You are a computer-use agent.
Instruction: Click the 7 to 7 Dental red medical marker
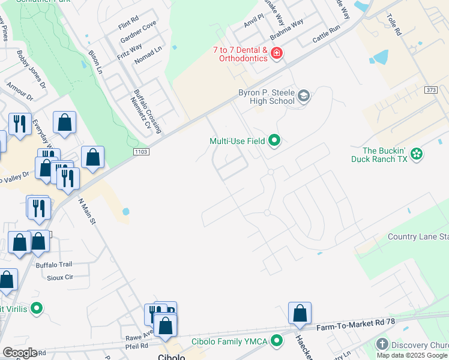click(277, 54)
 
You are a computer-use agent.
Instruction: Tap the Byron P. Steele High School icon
click(304, 96)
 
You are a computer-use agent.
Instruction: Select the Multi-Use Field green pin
click(274, 141)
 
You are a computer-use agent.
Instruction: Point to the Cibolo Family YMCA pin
click(277, 341)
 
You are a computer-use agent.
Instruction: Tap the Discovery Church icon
click(382, 344)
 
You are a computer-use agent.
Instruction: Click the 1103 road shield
click(142, 153)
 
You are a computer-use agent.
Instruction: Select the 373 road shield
click(430, 90)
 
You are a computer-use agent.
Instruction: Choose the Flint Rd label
click(128, 26)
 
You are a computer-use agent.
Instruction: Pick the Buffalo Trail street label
click(54, 265)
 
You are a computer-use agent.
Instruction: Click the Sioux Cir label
click(60, 277)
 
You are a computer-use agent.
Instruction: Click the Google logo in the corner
click(19, 353)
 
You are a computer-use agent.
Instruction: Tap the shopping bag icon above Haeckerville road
click(300, 313)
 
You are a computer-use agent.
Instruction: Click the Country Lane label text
click(414, 236)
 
